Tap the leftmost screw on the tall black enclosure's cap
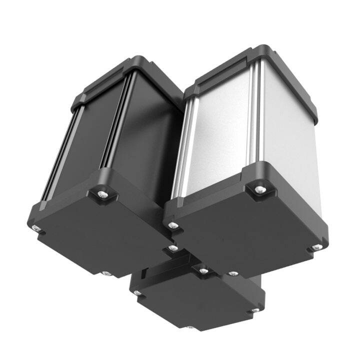(x=36, y=227)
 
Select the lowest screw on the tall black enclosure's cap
(x=106, y=273)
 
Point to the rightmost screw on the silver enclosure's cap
(x=316, y=247)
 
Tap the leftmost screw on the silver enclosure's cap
(x=172, y=225)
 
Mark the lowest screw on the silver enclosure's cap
(x=232, y=274)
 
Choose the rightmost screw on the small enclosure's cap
(x=255, y=310)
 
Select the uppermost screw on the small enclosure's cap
(x=203, y=271)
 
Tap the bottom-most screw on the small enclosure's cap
(x=191, y=327)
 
